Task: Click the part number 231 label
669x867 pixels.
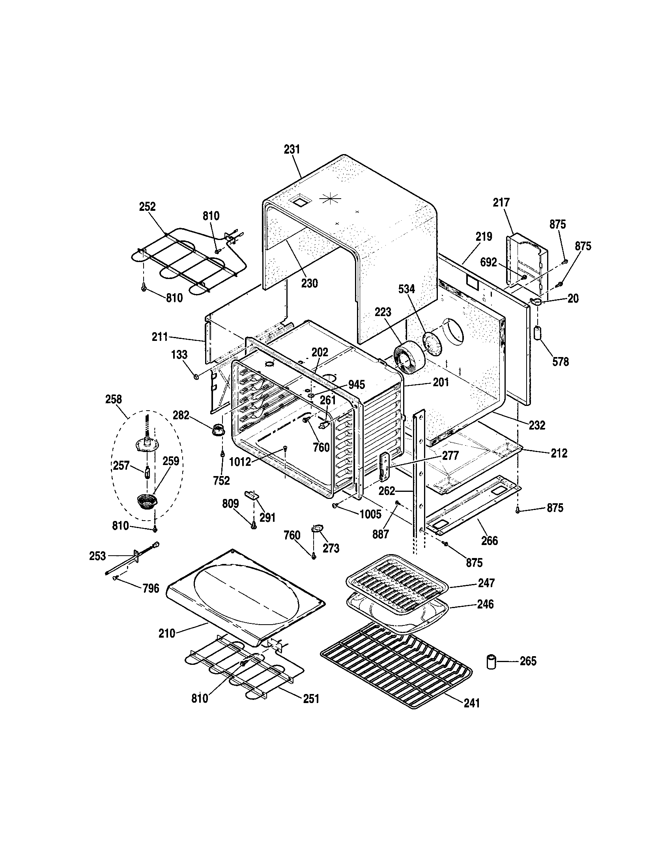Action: click(292, 150)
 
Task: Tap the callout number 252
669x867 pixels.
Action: click(147, 207)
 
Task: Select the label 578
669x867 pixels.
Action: click(560, 362)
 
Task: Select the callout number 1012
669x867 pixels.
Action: click(240, 462)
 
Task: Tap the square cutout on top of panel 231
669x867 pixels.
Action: click(299, 201)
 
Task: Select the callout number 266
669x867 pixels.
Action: click(489, 541)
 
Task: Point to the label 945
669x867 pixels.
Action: click(356, 385)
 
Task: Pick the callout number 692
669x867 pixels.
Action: click(488, 262)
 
